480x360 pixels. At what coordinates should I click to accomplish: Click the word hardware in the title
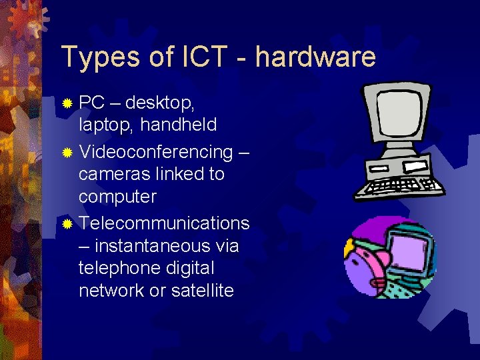[315, 57]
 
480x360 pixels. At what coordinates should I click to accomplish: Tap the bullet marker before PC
[67, 104]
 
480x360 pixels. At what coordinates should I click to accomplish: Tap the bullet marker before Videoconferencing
[67, 153]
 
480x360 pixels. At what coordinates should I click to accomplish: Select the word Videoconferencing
[155, 151]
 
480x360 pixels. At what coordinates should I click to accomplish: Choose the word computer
[117, 197]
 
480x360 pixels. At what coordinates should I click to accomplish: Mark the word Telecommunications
[164, 223]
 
